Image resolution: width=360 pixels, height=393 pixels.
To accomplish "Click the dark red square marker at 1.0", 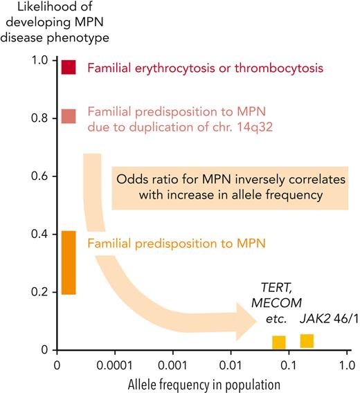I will point(68,67).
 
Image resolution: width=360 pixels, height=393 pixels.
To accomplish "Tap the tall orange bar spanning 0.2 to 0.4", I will point(68,262).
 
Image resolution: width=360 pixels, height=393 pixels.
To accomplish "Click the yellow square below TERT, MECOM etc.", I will point(279,342).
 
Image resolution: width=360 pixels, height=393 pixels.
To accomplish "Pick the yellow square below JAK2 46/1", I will point(307,340).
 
